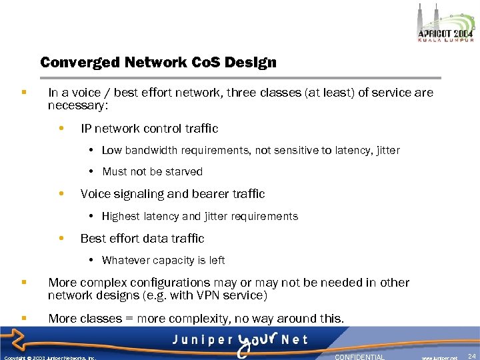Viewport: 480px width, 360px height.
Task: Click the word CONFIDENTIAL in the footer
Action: coord(360,357)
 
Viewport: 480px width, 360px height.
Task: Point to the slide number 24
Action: coord(472,357)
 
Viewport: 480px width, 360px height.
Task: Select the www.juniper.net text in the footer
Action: coord(439,357)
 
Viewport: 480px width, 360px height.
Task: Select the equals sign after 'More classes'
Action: coord(129,319)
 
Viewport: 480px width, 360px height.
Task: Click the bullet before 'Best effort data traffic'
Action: coord(61,239)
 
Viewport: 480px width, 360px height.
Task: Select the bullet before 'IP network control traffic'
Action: coord(61,128)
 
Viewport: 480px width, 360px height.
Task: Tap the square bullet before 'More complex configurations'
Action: coord(24,283)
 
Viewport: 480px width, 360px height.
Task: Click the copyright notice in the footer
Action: coord(50,357)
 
